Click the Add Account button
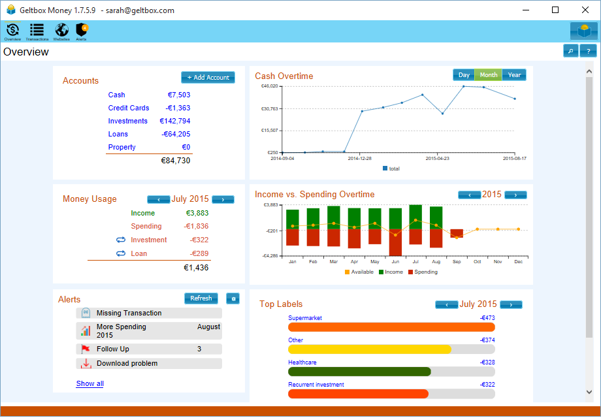[208, 78]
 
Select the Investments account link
[128, 121]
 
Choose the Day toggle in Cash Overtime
[464, 75]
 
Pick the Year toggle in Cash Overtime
[515, 75]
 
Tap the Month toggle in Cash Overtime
[489, 75]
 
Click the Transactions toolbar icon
[37, 31]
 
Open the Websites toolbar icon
[61, 31]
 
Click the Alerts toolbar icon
[82, 31]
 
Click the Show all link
[89, 383]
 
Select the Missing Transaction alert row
[149, 313]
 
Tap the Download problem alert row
[149, 363]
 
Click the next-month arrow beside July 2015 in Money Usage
[223, 199]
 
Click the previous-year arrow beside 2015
[469, 195]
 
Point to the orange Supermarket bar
[391, 327]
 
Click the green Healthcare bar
[359, 372]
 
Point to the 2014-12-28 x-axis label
[359, 158]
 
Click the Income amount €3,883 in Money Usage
[197, 213]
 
